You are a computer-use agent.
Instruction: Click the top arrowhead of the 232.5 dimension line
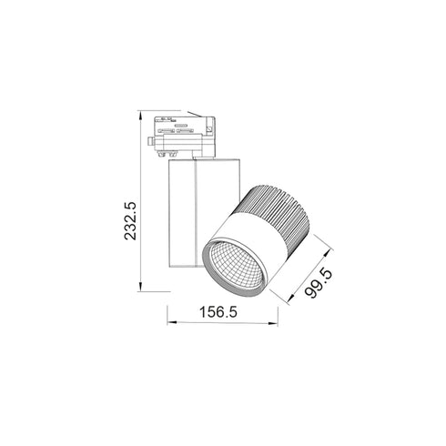141,117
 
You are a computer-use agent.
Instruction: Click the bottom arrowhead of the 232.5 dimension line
141,289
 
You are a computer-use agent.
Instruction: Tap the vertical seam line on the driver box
194,214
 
